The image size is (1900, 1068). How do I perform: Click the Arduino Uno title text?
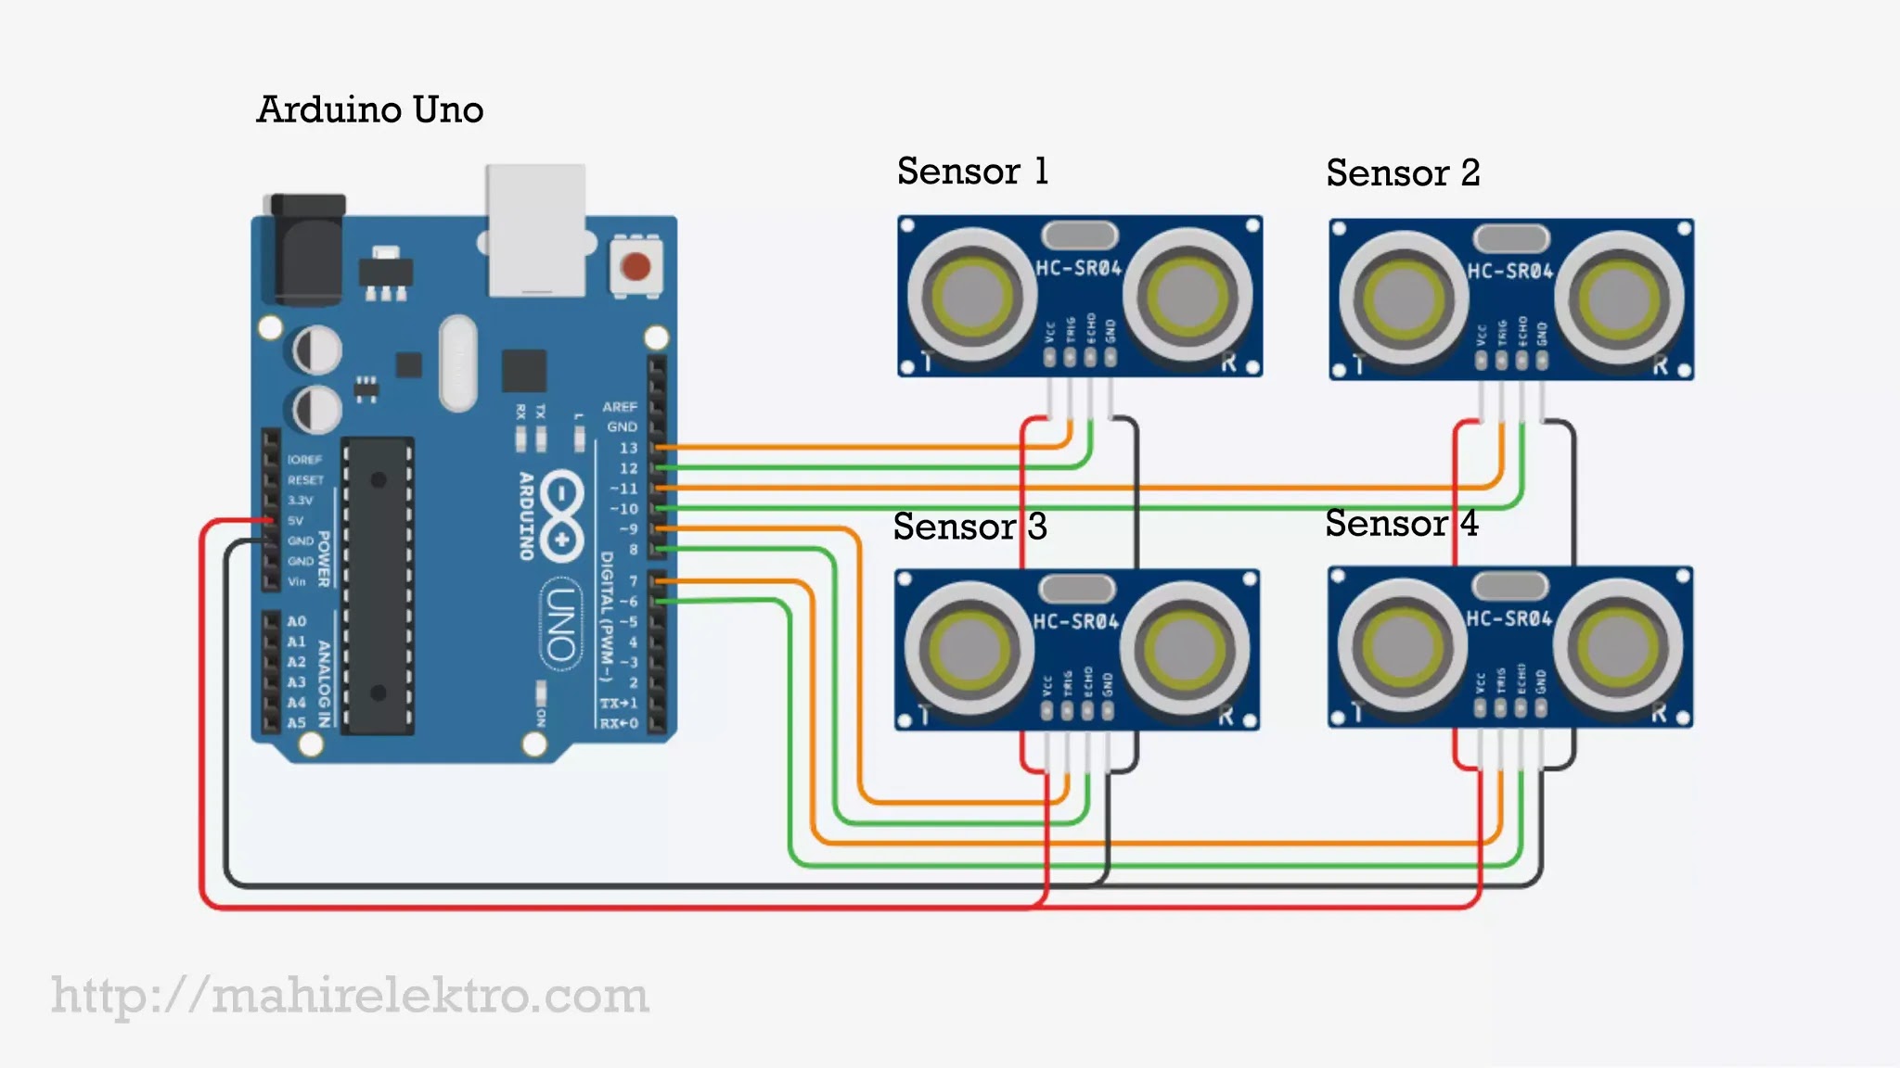369,109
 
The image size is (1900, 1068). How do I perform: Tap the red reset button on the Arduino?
635,267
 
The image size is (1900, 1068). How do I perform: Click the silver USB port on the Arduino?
536,230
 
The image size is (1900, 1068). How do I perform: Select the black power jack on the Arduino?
306,248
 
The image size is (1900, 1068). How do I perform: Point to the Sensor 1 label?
972,172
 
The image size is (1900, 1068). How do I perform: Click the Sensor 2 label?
1403,173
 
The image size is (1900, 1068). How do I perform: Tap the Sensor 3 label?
969,527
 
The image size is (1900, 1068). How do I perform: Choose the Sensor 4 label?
1401,524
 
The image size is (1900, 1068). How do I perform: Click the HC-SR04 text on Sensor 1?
1078,269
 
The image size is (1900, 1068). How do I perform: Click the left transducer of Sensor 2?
1403,299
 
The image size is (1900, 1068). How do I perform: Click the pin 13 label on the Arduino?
628,448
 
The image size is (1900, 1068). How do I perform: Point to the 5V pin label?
295,521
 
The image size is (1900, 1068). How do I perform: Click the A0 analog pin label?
296,621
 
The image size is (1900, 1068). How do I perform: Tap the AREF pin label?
619,407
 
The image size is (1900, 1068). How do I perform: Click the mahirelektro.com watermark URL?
350,997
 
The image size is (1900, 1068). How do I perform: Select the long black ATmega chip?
378,586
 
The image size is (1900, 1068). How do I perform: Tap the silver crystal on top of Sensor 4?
1510,585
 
